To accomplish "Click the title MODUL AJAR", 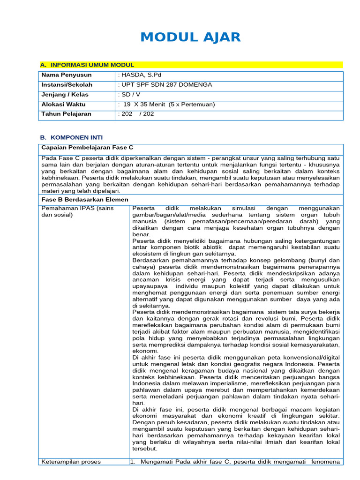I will click(191, 37).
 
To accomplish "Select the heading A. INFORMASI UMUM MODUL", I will click(87, 65).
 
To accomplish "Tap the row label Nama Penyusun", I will click(67, 75).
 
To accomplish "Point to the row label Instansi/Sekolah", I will click(67, 85).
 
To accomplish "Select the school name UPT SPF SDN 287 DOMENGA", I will click(165, 85).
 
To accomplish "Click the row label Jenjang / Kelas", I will click(65, 95).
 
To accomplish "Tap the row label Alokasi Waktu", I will click(63, 105).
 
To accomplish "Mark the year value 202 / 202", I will click(136, 114).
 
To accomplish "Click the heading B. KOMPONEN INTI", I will click(71, 137).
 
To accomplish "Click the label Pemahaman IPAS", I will click(70, 208).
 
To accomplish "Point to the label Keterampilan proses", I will click(71, 462).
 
